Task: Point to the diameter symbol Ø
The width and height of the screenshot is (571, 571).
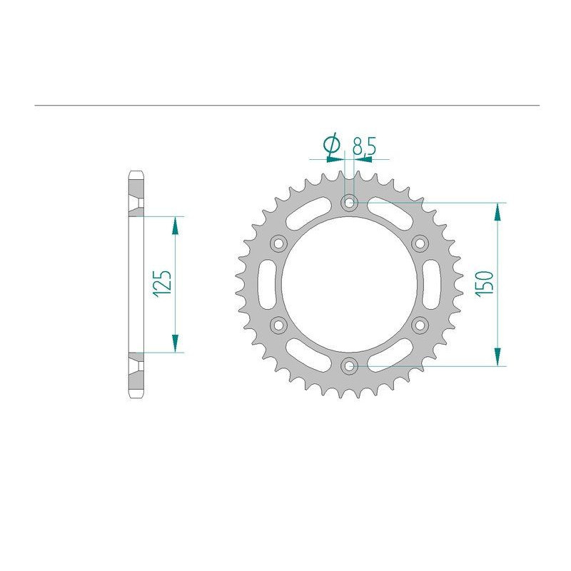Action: [x=331, y=145]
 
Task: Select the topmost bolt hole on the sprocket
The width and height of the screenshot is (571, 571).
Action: [x=349, y=203]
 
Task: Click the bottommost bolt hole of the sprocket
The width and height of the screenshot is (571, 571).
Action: [x=349, y=366]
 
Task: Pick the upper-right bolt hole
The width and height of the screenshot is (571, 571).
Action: [x=420, y=243]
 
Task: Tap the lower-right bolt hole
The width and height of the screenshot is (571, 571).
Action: [x=420, y=325]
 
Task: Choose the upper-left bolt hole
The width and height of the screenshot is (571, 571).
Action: [x=278, y=243]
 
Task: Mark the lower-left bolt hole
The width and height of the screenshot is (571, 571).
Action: [x=278, y=325]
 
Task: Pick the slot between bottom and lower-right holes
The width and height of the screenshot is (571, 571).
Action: [x=390, y=355]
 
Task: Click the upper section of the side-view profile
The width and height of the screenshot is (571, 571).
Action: [x=136, y=193]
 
